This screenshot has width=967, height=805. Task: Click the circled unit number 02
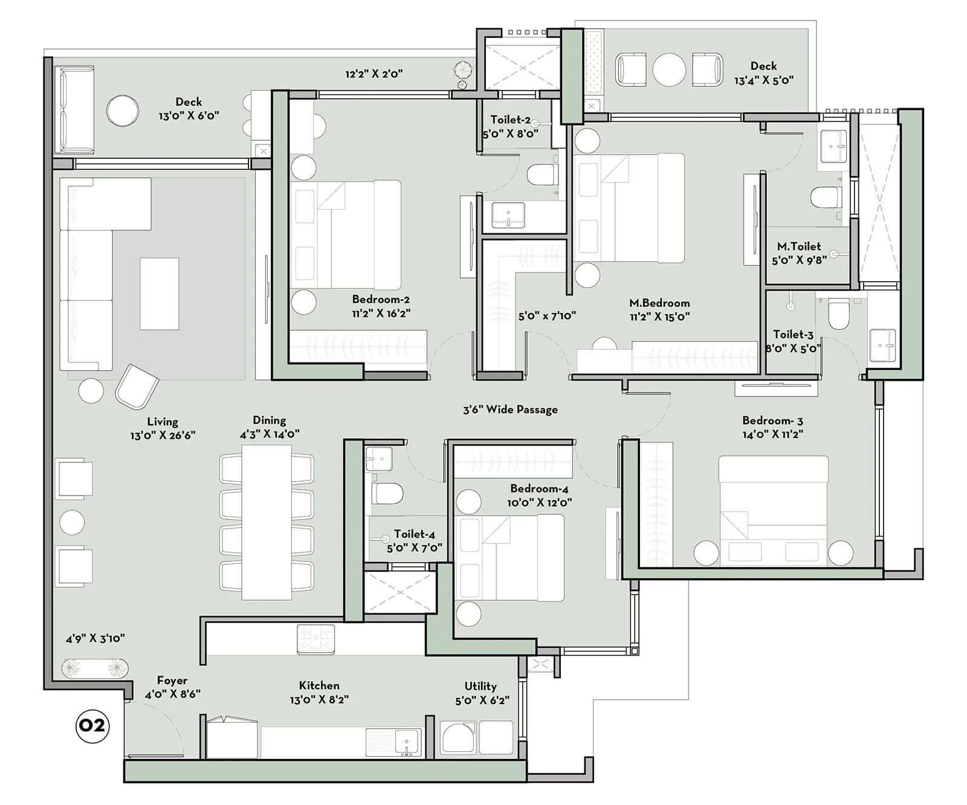tap(92, 725)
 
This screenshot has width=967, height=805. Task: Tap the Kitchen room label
tap(319, 685)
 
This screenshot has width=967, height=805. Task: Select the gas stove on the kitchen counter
tap(315, 639)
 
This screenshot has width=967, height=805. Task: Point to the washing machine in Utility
tap(458, 737)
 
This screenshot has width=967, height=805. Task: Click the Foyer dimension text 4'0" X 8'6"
tap(172, 694)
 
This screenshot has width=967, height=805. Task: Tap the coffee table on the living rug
tap(159, 294)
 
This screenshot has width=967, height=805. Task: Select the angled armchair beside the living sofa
tap(137, 387)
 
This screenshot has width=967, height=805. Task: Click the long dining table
tap(267, 522)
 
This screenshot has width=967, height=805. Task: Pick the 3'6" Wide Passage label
tap(510, 410)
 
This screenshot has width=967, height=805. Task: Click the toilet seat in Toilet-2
tap(542, 175)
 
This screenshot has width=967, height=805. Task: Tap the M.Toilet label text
tap(798, 247)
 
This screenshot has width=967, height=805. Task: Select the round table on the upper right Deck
tap(669, 70)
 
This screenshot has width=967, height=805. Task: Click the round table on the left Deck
tap(123, 111)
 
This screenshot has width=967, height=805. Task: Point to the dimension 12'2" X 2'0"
tap(374, 74)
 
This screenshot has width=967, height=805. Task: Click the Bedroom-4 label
tap(539, 488)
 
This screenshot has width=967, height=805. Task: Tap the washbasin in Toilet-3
tap(882, 346)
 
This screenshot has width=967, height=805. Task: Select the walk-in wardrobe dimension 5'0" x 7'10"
tap(546, 315)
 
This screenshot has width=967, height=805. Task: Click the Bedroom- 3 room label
tap(772, 421)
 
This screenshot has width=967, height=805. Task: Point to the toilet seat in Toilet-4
tap(388, 493)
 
